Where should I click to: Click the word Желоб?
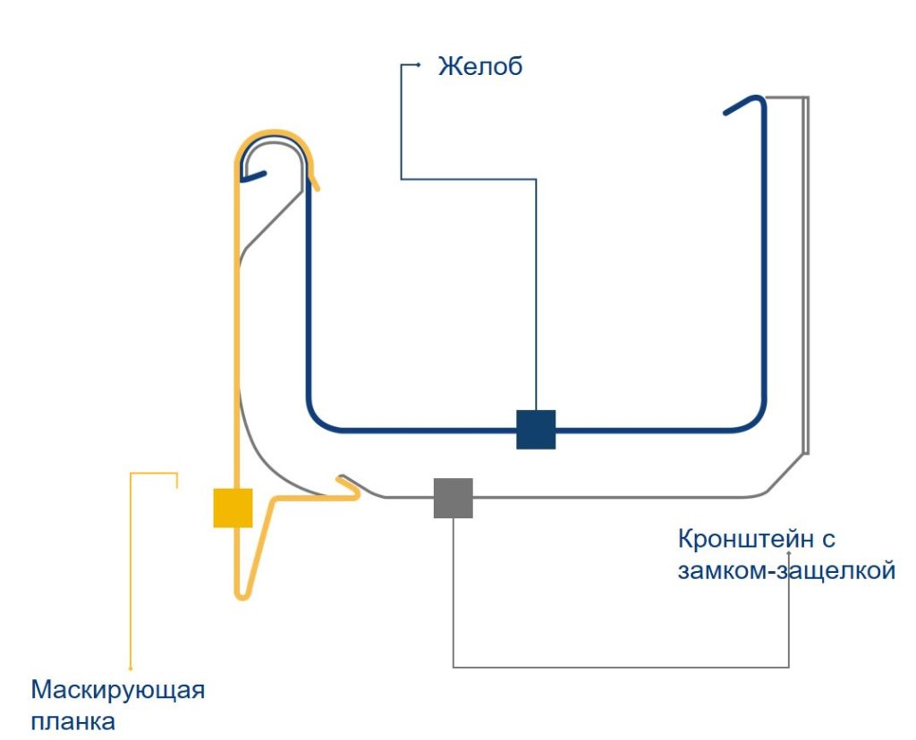pos(479,66)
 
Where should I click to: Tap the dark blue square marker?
pos(536,429)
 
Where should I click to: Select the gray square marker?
pos(453,498)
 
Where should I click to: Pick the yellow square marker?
pos(233,508)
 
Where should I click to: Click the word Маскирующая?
pos(118,691)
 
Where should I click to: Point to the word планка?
pos(73,721)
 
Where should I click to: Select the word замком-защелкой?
pos(786,570)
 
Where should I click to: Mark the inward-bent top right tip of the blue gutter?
pos(728,111)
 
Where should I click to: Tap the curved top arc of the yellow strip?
pos(273,137)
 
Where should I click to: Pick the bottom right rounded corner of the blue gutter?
pos(757,420)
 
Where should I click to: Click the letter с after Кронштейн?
pos(827,541)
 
